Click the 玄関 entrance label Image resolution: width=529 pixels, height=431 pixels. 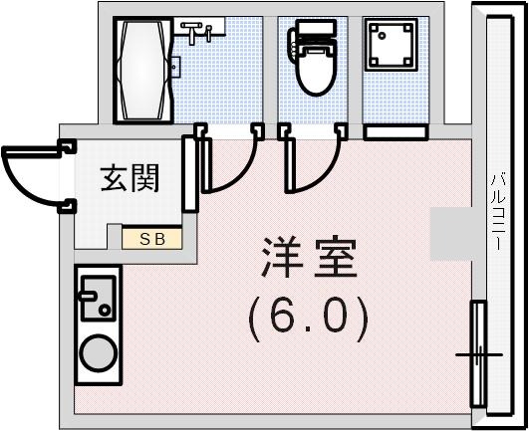pos(131,180)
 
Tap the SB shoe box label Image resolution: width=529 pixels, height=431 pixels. pos(152,238)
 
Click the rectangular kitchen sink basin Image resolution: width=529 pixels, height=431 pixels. pos(98,301)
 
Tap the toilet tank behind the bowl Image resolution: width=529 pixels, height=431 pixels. pos(314,38)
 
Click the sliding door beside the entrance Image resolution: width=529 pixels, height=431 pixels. pos(188,175)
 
